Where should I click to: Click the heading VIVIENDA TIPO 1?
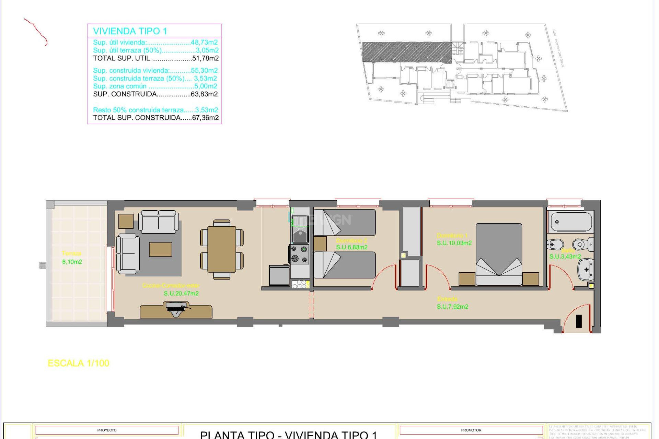point(130,31)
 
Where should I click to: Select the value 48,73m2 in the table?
point(204,43)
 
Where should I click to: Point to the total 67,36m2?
point(205,118)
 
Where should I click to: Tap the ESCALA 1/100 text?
point(78,363)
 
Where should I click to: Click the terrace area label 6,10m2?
point(72,262)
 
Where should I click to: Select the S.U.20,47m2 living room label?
point(181,294)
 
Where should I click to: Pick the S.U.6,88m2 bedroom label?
point(351,247)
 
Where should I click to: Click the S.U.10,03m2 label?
point(454,243)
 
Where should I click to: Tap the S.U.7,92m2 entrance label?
point(452,307)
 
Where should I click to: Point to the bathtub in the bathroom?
point(571,222)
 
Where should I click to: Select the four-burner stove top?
point(300,254)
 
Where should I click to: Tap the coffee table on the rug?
point(160,249)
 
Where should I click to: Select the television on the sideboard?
point(176,306)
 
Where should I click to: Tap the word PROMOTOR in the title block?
point(471,430)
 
